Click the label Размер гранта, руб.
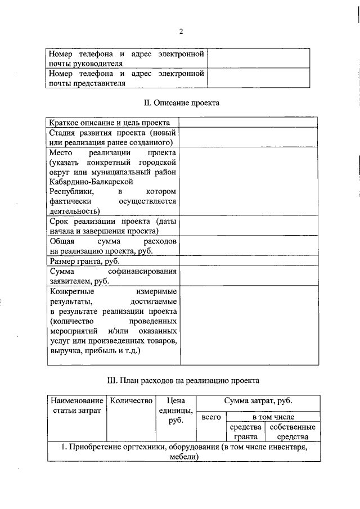(x=84, y=262)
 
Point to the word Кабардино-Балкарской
(x=91, y=182)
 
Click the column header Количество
(x=132, y=401)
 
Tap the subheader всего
(x=211, y=417)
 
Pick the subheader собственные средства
(x=292, y=431)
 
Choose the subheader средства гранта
(x=246, y=431)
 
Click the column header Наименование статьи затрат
(x=76, y=406)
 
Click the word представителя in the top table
(x=100, y=83)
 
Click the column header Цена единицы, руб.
(x=177, y=410)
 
